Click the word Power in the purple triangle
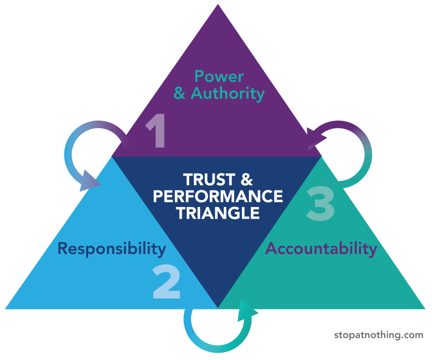point(219,76)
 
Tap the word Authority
point(228,93)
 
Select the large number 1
point(156,132)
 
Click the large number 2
point(166,283)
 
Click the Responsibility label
point(111,249)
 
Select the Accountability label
point(321,248)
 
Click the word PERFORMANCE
point(218,196)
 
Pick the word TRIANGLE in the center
point(218,213)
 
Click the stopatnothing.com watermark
point(378,335)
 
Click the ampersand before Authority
point(180,93)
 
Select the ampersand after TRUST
point(245,180)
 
